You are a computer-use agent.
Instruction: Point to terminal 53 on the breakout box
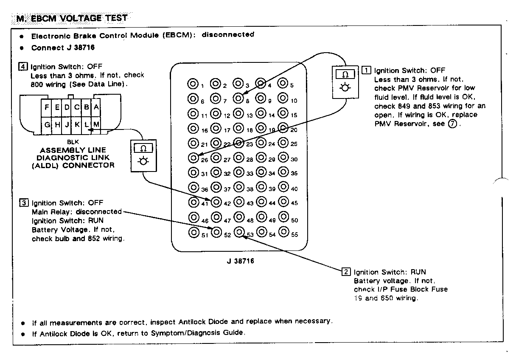[239, 232]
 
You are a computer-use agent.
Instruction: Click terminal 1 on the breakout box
[193, 84]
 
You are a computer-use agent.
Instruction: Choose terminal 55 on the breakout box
[284, 232]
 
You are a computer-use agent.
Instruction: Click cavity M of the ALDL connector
[97, 124]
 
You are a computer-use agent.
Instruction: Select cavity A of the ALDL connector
[97, 107]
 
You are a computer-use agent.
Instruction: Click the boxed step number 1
[366, 70]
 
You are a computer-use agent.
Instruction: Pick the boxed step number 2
[346, 272]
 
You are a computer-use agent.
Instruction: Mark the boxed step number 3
[24, 202]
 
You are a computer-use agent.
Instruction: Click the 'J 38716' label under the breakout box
[240, 261]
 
